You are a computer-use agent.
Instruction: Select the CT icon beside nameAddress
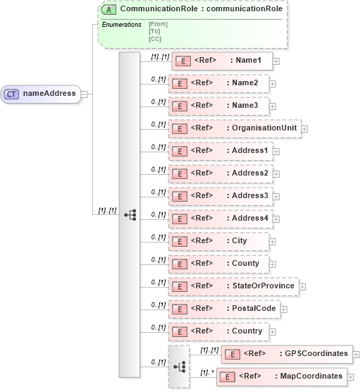coord(12,94)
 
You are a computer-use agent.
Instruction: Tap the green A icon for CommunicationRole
coord(109,10)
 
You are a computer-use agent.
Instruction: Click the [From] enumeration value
coord(158,25)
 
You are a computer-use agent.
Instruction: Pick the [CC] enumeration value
coord(155,39)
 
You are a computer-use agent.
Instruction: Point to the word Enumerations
coord(121,25)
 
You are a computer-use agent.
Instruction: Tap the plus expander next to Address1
coord(276,152)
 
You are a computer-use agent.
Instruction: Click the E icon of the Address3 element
coord(180,196)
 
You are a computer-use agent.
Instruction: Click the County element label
coord(246,264)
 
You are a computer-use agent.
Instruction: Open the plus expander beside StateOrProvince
coord(302,286)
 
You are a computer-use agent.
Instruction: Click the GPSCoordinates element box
coord(286,354)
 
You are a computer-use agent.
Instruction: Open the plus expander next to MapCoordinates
coord(351,377)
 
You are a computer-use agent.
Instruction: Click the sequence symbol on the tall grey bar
coord(130,215)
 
